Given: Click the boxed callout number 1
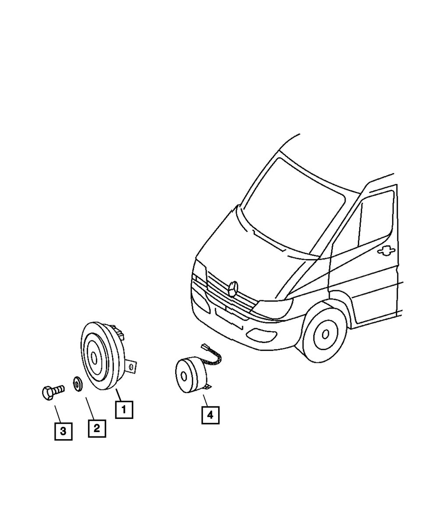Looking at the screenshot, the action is point(124,410).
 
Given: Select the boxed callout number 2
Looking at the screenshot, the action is point(97,429).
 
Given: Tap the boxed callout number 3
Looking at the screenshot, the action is point(63,431).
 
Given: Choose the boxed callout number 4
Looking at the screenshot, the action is point(210,415).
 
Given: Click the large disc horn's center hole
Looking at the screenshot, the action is point(94,358).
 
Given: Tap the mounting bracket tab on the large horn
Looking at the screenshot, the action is point(131,366).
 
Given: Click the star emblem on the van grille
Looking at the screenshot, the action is point(233,289).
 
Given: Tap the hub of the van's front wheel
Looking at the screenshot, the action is point(325,334).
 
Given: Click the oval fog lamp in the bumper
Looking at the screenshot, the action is point(261,335).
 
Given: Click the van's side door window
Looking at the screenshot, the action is point(376,219).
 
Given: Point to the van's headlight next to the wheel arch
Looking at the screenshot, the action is point(272,308).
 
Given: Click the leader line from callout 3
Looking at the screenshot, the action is point(58,414).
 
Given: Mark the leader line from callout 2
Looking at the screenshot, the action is point(90,409).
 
